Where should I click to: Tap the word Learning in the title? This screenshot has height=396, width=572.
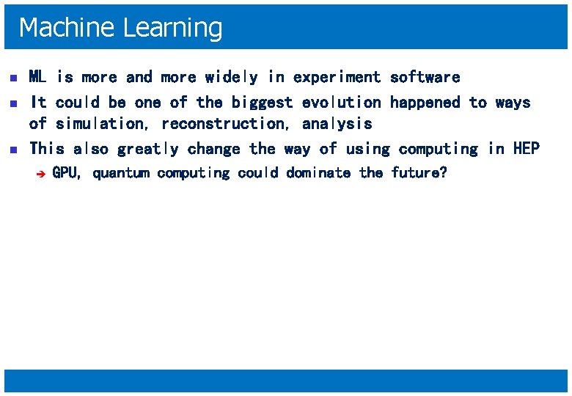(173, 28)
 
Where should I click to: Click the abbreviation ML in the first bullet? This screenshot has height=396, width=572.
(37, 77)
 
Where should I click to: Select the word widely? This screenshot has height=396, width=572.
(232, 77)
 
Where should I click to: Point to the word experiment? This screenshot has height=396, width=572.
(337, 77)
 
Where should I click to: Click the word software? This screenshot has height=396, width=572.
(425, 77)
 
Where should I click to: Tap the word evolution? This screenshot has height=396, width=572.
(341, 103)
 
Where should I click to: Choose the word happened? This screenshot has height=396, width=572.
(425, 103)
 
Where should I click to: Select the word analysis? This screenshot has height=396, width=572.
(337, 124)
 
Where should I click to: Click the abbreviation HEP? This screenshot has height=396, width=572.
(526, 149)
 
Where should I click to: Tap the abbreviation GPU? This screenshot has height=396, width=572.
(66, 173)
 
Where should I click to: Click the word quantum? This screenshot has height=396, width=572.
(121, 173)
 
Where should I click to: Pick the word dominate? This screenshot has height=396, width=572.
(318, 173)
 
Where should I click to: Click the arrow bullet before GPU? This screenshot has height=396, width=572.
(42, 174)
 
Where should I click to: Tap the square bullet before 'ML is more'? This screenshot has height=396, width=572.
(10, 78)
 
